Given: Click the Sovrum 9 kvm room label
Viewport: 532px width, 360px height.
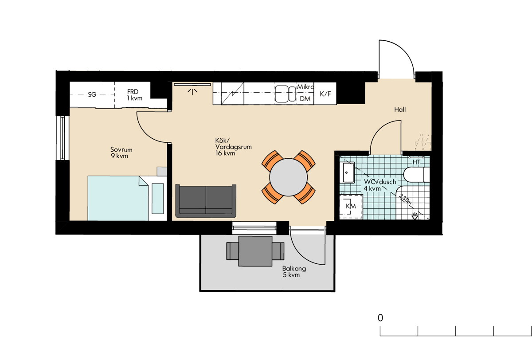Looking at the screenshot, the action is click(121, 153).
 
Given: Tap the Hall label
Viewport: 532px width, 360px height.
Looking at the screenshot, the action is click(400, 110).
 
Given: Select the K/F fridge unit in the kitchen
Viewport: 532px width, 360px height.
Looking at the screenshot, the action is click(325, 93).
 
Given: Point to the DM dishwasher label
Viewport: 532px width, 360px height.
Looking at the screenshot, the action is click(305, 98).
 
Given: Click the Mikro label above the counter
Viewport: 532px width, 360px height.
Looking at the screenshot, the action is click(305, 87).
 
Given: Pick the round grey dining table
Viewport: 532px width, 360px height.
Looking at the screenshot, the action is click(288, 177).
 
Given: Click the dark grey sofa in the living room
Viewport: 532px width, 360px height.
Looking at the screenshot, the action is click(206, 201).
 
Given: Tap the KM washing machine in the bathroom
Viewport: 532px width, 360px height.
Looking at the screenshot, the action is click(351, 206).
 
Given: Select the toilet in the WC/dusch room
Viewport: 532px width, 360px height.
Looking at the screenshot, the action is click(416, 175).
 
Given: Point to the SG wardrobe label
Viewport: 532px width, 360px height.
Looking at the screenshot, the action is click(92, 94).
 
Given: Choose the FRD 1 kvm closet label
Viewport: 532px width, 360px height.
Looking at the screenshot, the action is click(134, 95).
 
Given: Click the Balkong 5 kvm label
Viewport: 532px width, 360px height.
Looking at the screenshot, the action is click(294, 272).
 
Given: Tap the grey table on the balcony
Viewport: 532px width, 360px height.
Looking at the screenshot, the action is click(255, 251).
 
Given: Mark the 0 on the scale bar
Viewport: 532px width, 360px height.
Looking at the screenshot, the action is click(380, 318).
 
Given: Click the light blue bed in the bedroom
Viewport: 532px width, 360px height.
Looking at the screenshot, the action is click(118, 198).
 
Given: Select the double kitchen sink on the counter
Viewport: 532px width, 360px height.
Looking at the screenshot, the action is click(286, 94).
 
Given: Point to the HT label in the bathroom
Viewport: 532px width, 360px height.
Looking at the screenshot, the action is click(416, 162).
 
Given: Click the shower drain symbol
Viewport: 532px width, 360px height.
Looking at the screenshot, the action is click(415, 216).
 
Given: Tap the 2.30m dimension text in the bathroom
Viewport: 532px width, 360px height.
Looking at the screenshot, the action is click(405, 199).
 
